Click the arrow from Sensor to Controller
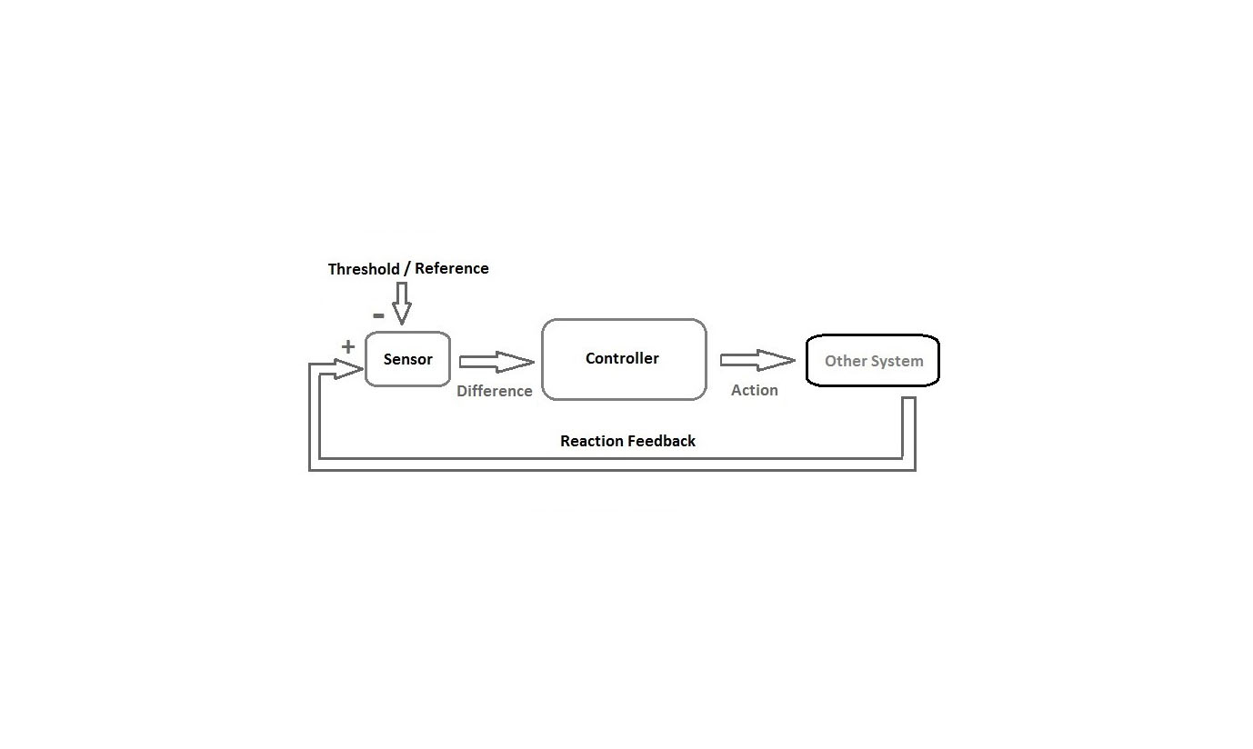[x=496, y=363]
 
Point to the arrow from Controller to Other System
[x=757, y=361]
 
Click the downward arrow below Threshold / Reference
[x=401, y=302]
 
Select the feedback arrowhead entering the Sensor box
[x=347, y=369]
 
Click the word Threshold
[x=364, y=269]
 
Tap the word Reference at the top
[x=452, y=268]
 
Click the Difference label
[x=495, y=391]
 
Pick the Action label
[x=755, y=390]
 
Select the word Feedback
[x=662, y=441]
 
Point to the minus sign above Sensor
[x=378, y=316]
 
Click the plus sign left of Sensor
[x=348, y=346]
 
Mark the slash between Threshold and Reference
[x=406, y=269]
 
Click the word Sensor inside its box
[x=408, y=359]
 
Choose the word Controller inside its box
[x=622, y=358]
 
